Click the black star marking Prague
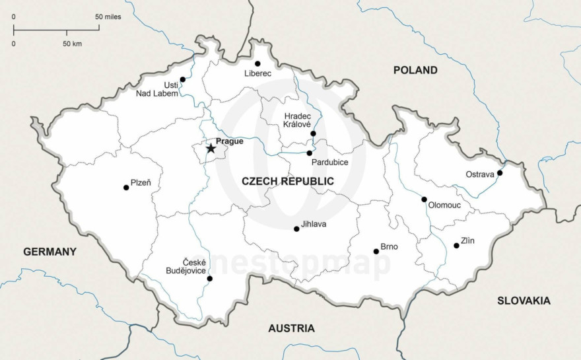pyautogui.click(x=211, y=149)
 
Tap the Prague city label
pyautogui.click(x=229, y=141)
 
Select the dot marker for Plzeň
pyautogui.click(x=126, y=188)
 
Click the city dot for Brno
pyautogui.click(x=376, y=251)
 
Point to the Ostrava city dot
pyautogui.click(x=500, y=173)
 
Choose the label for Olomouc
pyautogui.click(x=444, y=205)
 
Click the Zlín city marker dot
pyautogui.click(x=456, y=246)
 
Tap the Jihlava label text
pyautogui.click(x=314, y=225)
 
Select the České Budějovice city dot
pyautogui.click(x=209, y=279)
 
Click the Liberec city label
pyautogui.click(x=257, y=73)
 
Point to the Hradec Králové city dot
pyautogui.click(x=313, y=133)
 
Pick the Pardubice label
pyautogui.click(x=329, y=162)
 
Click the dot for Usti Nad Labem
pyautogui.click(x=183, y=79)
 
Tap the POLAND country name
pyautogui.click(x=415, y=70)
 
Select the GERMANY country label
pyautogui.click(x=50, y=252)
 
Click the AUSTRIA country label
pyautogui.click(x=291, y=328)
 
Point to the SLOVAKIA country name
pyautogui.click(x=524, y=301)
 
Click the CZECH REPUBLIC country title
pyautogui.click(x=287, y=181)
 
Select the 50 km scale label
pyautogui.click(x=72, y=44)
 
